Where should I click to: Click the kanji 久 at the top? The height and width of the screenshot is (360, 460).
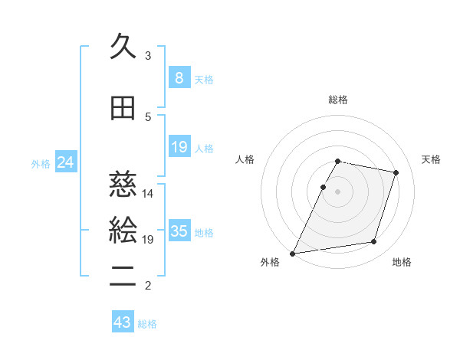coord(123,47)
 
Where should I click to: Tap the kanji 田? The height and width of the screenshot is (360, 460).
coord(123,108)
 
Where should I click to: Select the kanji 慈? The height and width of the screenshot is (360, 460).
coord(123,185)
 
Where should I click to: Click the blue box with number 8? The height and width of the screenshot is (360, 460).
coord(179,78)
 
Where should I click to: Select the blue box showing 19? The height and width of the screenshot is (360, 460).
coord(179,147)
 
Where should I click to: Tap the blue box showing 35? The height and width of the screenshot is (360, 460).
coord(179,231)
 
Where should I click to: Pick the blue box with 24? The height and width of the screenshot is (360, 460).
coord(65,162)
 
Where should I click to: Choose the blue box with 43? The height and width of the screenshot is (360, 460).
coord(123,323)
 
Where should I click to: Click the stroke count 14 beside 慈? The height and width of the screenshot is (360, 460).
coord(148,194)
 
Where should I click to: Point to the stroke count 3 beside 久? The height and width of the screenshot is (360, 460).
coord(148,55)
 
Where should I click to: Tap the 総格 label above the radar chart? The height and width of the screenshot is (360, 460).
coord(338,100)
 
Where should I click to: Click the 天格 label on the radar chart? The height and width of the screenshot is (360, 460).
coord(431,159)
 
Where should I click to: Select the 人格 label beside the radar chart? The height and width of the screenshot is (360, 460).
coord(245,159)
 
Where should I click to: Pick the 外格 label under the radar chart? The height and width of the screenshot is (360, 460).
coord(270,263)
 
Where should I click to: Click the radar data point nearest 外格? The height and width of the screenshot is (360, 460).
coord(293,253)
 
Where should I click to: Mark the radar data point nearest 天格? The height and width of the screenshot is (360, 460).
coord(396,172)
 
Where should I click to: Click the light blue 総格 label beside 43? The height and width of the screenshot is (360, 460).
coord(147,324)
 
